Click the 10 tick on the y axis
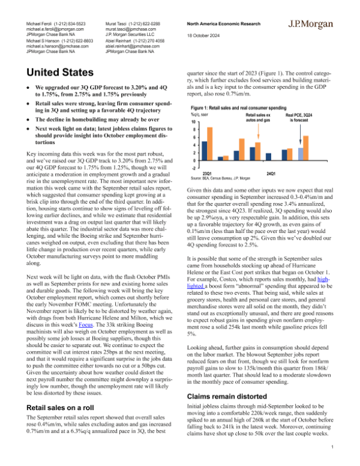[x=193, y=121]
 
